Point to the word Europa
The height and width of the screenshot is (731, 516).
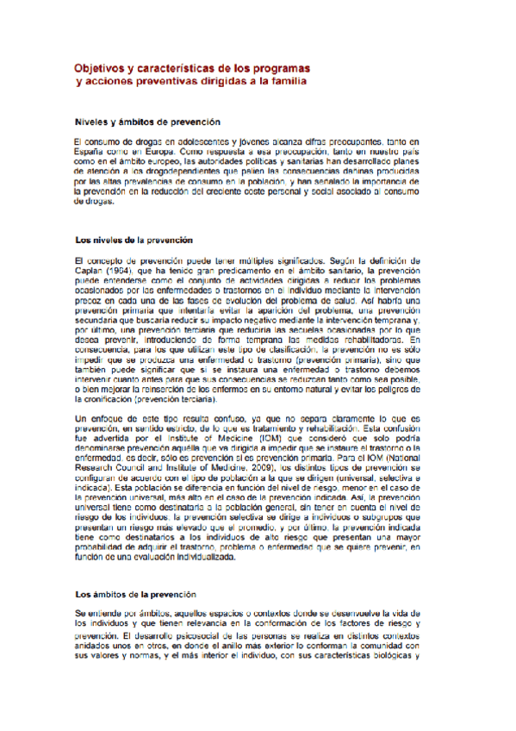139,149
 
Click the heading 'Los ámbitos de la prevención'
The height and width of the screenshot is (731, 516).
135,595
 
